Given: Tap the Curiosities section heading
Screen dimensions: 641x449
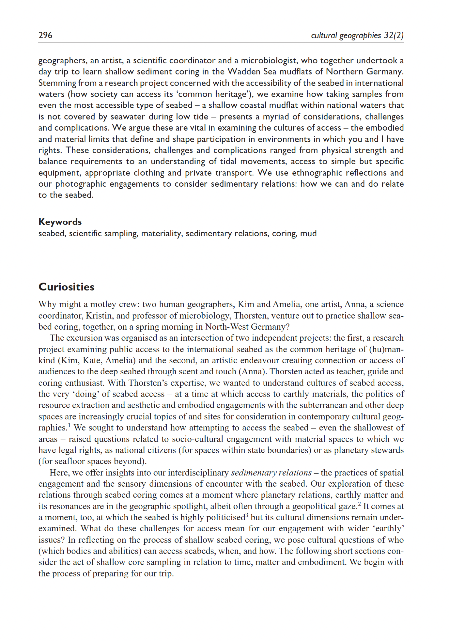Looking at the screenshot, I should [x=66, y=287].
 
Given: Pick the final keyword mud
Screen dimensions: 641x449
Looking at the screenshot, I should [x=308, y=233].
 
